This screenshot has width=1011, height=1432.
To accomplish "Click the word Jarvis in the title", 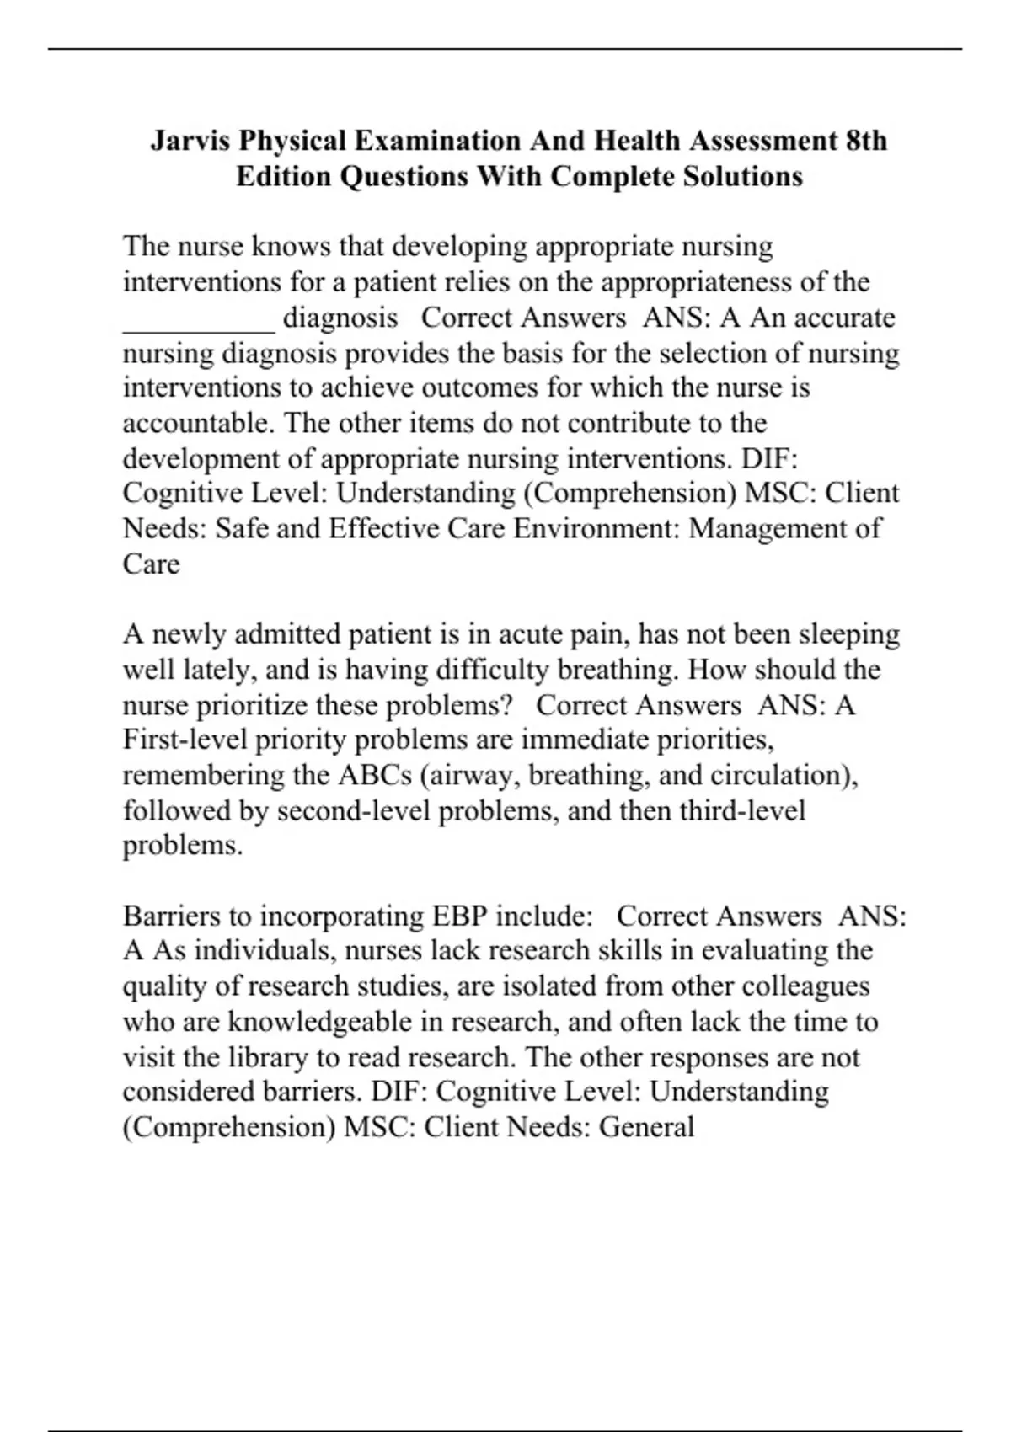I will point(190,140).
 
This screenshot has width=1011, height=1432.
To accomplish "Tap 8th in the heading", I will point(865,140).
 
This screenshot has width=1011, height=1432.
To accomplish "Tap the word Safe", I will point(243,528).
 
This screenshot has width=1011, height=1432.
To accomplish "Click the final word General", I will point(646,1127).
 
